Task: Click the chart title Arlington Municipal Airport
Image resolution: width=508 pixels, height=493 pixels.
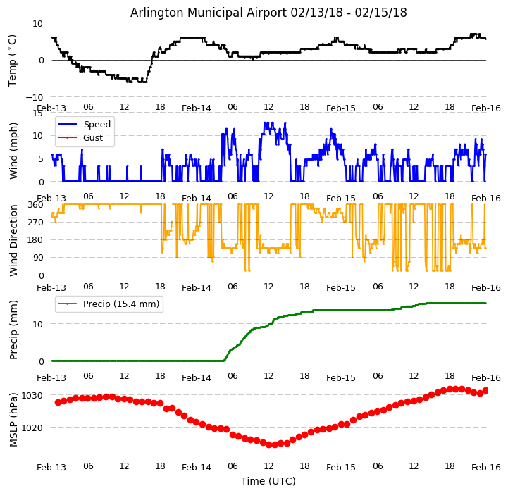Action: point(268,13)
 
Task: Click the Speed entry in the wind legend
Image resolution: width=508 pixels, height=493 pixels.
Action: point(97,125)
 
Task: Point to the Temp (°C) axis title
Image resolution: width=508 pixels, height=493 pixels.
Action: point(13,60)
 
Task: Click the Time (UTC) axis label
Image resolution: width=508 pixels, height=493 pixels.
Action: point(268,481)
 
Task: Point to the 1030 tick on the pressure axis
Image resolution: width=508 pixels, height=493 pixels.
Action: point(33,396)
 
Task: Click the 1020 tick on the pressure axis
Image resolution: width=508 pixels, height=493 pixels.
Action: point(33,428)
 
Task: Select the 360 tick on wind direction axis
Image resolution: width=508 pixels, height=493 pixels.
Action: point(36,204)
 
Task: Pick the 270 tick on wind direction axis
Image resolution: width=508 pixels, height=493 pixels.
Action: point(36,223)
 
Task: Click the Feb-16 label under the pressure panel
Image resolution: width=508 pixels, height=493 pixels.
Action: point(486,467)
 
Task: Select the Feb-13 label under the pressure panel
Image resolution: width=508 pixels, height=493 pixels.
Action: point(51,467)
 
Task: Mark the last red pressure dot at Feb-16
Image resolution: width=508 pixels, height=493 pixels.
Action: point(485,390)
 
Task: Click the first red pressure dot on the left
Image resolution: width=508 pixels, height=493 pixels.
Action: point(58,402)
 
